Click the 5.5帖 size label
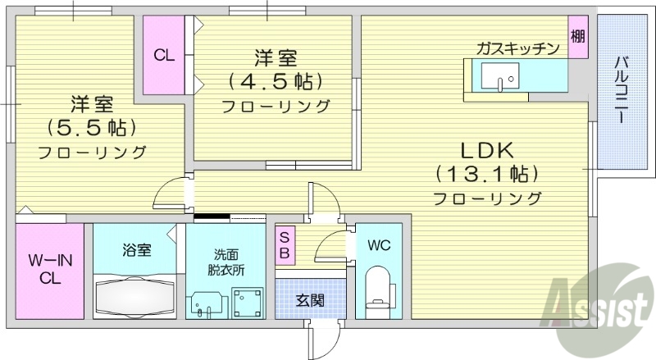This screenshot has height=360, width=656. [x=91, y=128]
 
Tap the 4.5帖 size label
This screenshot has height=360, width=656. [x=276, y=82]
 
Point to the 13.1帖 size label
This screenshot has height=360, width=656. [x=486, y=174]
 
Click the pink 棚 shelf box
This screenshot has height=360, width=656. [x=577, y=37]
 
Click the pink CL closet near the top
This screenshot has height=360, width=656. [x=164, y=56]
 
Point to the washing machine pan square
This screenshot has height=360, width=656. [x=248, y=303]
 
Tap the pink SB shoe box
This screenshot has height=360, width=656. [x=285, y=244]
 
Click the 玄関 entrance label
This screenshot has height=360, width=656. [x=309, y=300]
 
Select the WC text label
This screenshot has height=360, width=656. [x=378, y=245]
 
